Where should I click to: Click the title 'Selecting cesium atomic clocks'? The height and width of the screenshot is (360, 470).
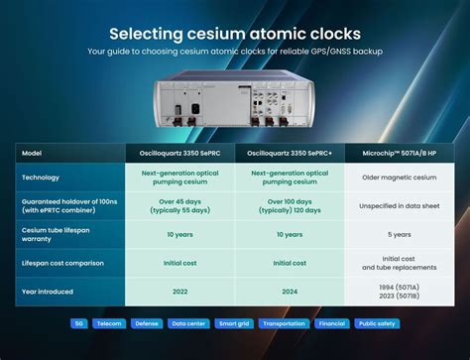[235, 34]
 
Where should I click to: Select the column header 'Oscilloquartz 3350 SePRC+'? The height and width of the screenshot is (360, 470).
[290, 153]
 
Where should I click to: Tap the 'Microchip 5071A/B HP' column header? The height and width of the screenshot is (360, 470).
[400, 153]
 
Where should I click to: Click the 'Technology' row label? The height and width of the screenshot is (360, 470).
[41, 178]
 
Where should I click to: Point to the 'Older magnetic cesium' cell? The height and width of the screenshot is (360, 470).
[400, 178]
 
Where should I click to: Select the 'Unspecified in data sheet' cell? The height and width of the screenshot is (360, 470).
[400, 206]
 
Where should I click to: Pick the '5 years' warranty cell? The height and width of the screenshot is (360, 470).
[400, 234]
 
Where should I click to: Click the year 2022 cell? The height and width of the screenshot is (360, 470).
[179, 292]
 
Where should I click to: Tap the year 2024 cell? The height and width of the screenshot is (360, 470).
[290, 292]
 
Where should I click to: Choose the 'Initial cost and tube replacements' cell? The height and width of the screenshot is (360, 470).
[400, 263]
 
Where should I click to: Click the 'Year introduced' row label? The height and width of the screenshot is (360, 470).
[48, 292]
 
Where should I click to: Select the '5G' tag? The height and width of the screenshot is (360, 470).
[79, 323]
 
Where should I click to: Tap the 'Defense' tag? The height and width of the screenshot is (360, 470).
[147, 323]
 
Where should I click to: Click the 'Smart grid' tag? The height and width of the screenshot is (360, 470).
[234, 323]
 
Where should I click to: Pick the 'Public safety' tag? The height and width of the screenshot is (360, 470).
[377, 323]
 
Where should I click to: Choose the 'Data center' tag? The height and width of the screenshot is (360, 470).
[188, 323]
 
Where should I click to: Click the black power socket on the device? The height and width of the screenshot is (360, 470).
[195, 109]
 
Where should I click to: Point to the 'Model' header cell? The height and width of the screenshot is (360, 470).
[32, 153]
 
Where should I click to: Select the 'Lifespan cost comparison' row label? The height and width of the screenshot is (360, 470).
[62, 263]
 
